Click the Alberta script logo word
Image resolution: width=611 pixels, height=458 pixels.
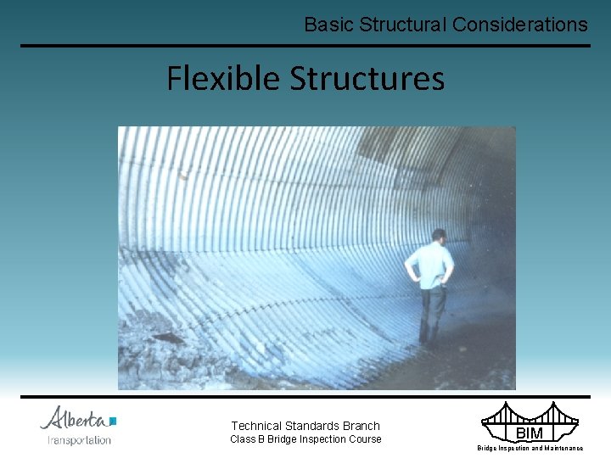pyautogui.click(x=75, y=418)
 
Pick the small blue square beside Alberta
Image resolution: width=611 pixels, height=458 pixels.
pyautogui.click(x=113, y=420)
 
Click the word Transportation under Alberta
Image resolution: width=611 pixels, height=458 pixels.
pyautogui.click(x=79, y=440)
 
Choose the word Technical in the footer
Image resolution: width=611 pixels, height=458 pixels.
pyautogui.click(x=258, y=426)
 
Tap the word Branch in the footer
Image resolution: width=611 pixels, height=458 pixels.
pyautogui.click(x=361, y=426)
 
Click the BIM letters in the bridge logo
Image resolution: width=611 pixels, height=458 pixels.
pyautogui.click(x=529, y=433)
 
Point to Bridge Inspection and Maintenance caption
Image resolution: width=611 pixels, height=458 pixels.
pyautogui.click(x=530, y=448)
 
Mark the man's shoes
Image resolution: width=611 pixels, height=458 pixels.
pyautogui.click(x=429, y=343)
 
